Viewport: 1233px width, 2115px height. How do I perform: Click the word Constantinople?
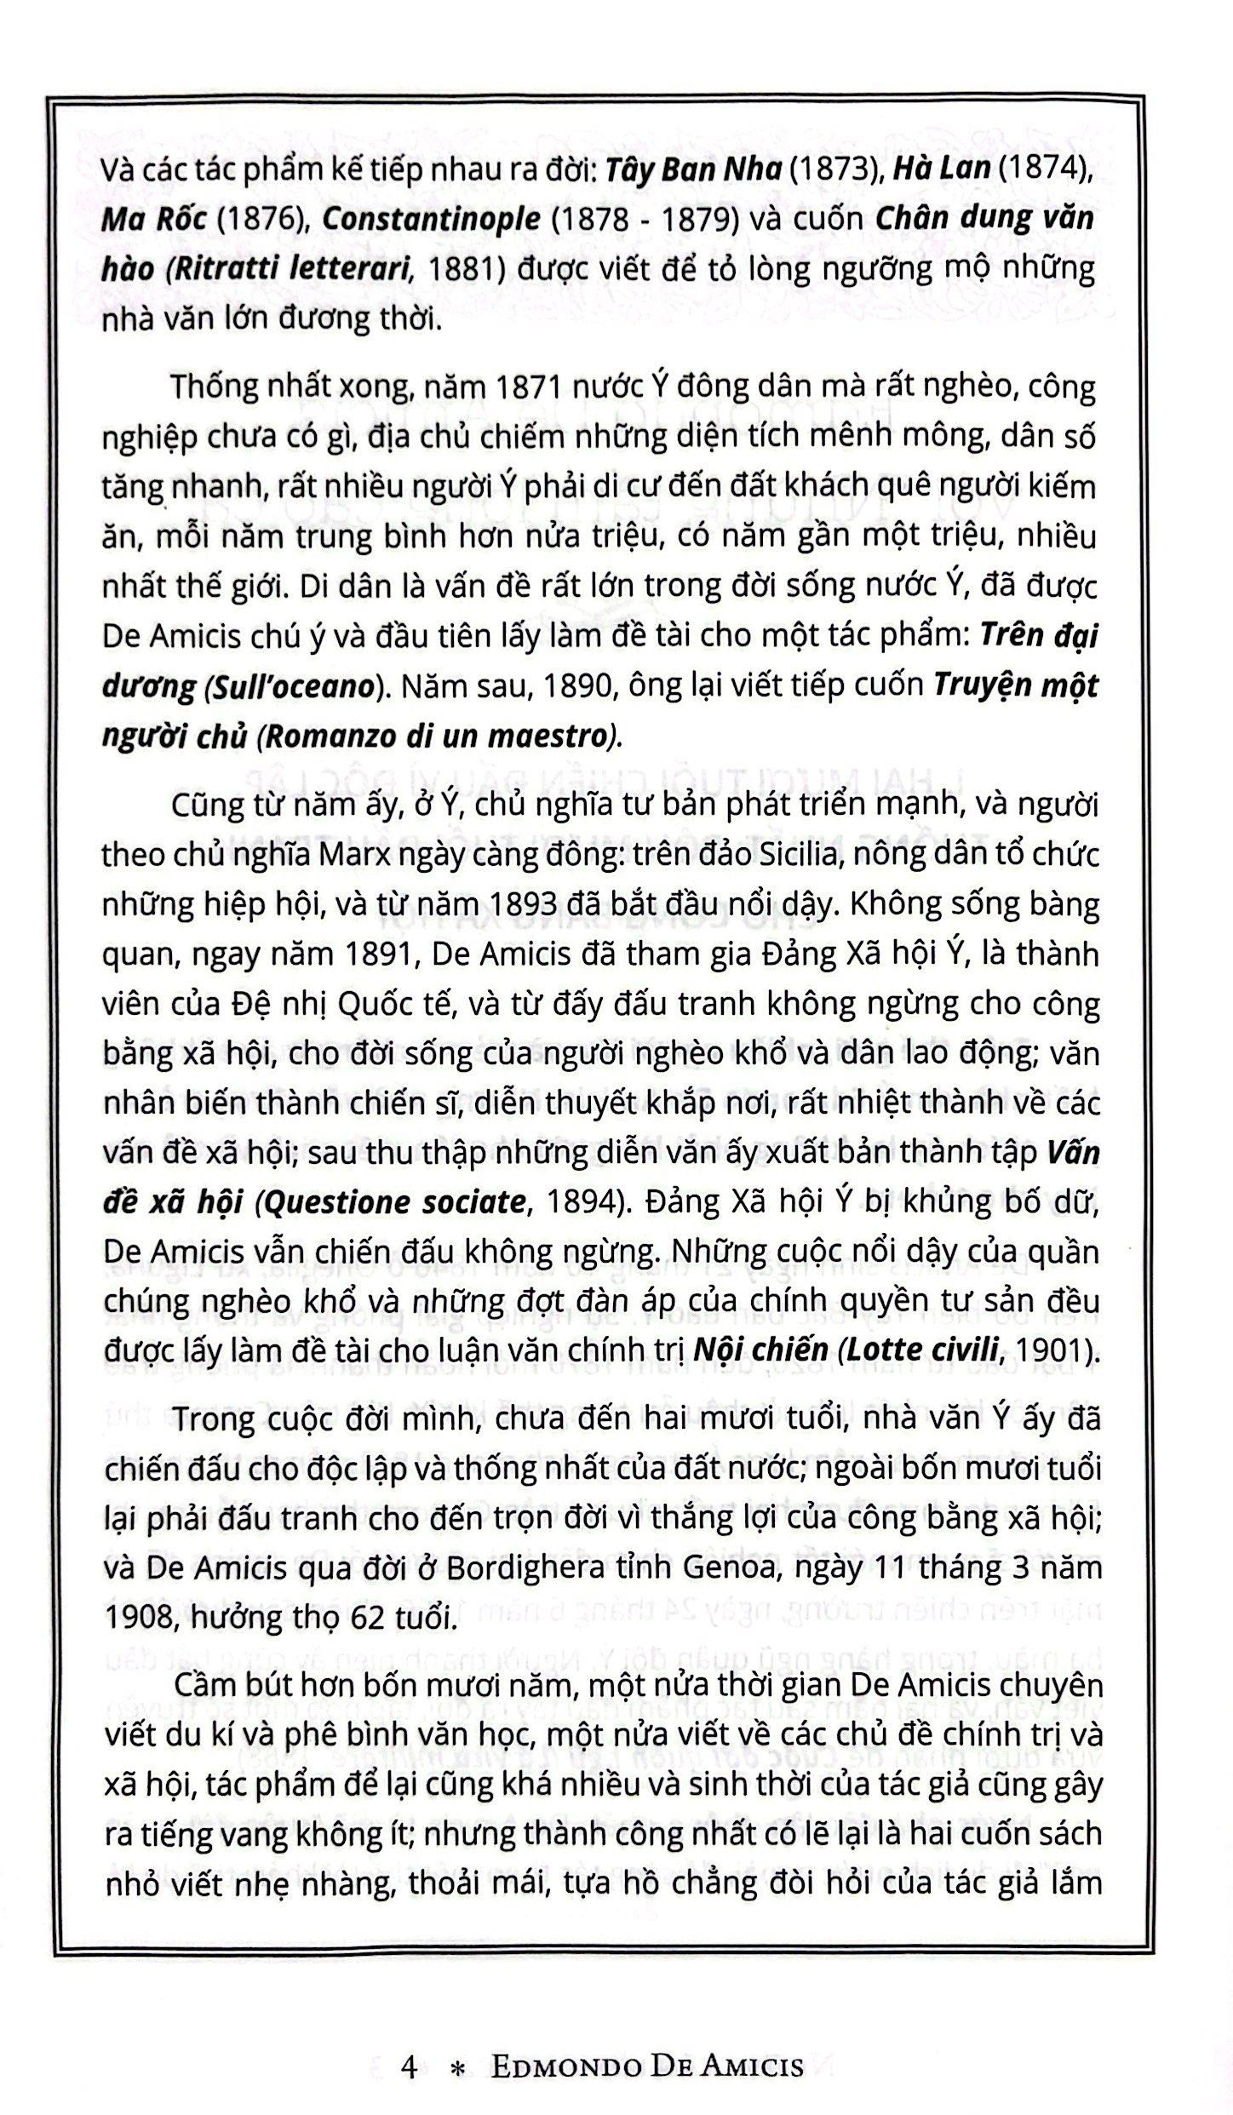tap(432, 219)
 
